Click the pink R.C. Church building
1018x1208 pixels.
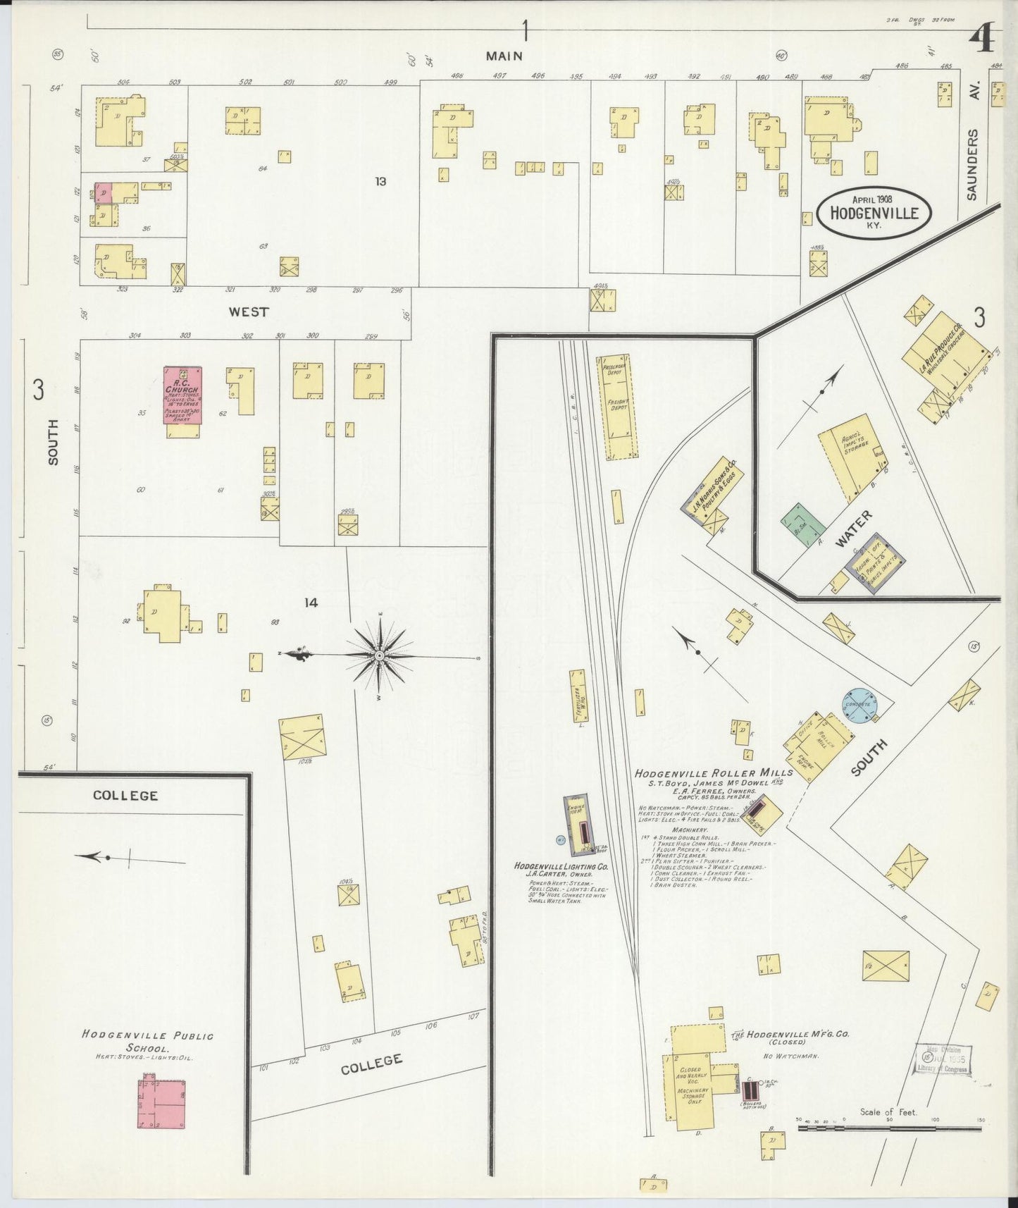coord(183,395)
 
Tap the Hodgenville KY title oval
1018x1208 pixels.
coord(874,212)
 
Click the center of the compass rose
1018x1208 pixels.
coord(380,656)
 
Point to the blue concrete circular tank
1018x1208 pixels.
coord(861,705)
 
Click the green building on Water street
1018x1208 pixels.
coord(802,525)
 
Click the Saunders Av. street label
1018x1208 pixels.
coord(972,164)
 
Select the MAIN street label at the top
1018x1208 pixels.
coord(504,56)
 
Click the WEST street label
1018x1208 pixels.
coord(248,312)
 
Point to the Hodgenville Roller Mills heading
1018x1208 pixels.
coord(713,772)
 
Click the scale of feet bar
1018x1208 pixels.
coord(889,1128)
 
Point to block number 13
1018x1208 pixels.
coord(380,182)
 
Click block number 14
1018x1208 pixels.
coord(311,603)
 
